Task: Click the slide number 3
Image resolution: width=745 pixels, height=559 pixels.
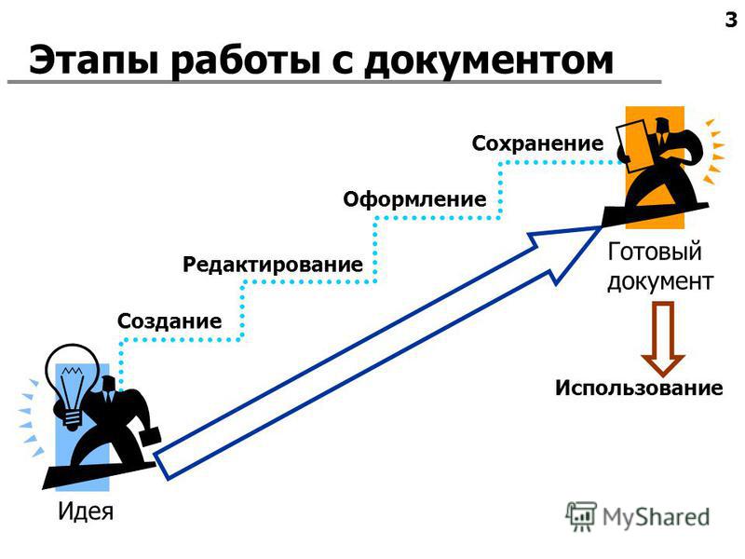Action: click(731, 20)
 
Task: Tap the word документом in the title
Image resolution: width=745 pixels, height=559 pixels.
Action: click(489, 61)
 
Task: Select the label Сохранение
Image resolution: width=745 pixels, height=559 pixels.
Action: click(537, 143)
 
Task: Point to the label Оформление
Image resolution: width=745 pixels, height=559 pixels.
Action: click(414, 199)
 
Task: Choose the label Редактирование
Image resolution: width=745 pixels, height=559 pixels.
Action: click(273, 265)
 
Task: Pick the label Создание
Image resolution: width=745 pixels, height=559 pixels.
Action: click(169, 321)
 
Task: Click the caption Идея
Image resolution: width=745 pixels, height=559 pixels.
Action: click(86, 511)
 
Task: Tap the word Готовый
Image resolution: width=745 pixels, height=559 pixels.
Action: click(655, 252)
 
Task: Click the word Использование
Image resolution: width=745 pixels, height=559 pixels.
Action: click(639, 388)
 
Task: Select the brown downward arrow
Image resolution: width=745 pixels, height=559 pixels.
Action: click(663, 338)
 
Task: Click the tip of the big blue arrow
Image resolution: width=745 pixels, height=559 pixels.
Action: click(602, 227)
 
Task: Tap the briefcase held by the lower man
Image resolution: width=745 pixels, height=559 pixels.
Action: click(152, 436)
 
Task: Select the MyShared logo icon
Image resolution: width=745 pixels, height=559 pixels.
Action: click(581, 516)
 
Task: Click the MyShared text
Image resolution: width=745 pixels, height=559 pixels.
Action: click(657, 517)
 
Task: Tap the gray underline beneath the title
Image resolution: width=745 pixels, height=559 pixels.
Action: click(334, 82)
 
